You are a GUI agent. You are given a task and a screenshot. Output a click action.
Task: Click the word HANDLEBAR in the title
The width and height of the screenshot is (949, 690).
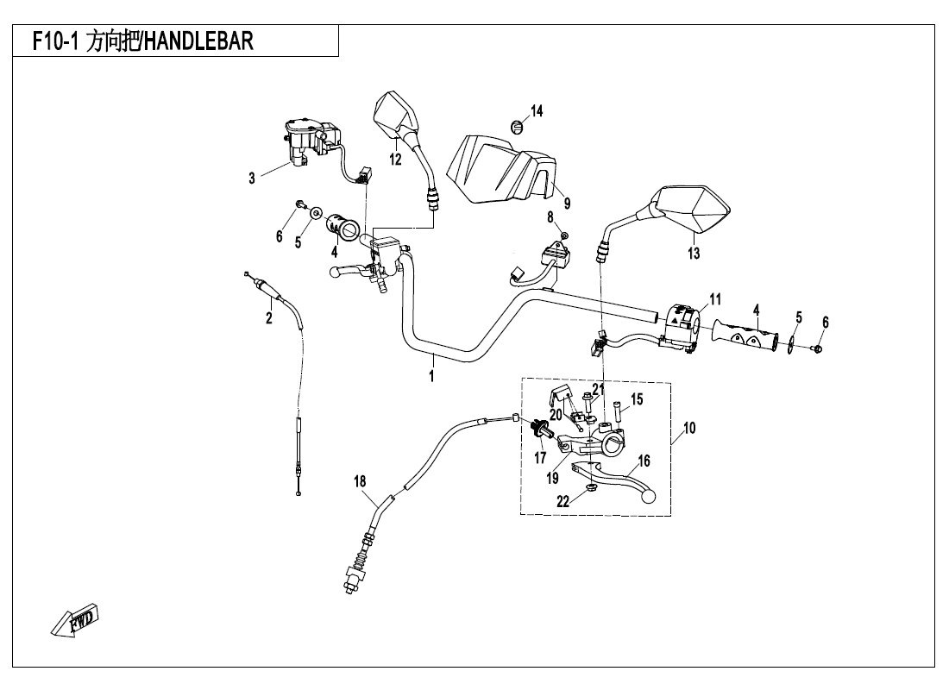pyautogui.click(x=198, y=41)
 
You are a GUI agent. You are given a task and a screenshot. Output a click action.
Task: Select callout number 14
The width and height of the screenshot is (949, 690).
pyautogui.click(x=537, y=110)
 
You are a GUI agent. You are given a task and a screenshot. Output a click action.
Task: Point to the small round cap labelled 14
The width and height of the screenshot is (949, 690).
pyautogui.click(x=516, y=127)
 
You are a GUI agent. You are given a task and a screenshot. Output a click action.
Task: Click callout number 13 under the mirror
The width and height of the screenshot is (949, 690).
pyautogui.click(x=694, y=253)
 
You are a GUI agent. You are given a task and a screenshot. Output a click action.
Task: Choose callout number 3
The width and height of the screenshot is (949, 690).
pyautogui.click(x=252, y=179)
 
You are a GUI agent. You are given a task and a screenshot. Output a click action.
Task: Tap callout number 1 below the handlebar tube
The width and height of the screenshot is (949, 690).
pyautogui.click(x=431, y=376)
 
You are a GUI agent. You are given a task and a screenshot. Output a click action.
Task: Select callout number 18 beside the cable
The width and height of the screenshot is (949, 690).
pyautogui.click(x=360, y=482)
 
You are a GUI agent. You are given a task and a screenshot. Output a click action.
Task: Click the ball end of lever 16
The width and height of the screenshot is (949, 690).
pyautogui.click(x=646, y=496)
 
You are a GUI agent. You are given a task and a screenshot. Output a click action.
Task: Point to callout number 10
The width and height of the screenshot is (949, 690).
pyautogui.click(x=689, y=429)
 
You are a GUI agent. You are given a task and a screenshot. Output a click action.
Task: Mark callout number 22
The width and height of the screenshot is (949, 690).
pyautogui.click(x=562, y=502)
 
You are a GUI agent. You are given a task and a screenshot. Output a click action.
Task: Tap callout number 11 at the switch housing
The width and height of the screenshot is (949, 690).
pyautogui.click(x=715, y=299)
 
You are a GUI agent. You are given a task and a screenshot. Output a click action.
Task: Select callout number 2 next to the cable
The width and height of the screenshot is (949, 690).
pyautogui.click(x=269, y=318)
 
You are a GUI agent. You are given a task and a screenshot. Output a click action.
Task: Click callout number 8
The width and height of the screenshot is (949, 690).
pyautogui.click(x=550, y=216)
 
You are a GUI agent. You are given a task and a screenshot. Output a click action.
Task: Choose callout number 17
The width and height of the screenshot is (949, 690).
pyautogui.click(x=540, y=458)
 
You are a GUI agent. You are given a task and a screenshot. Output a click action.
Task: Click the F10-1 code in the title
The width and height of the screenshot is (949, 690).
pyautogui.click(x=53, y=41)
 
